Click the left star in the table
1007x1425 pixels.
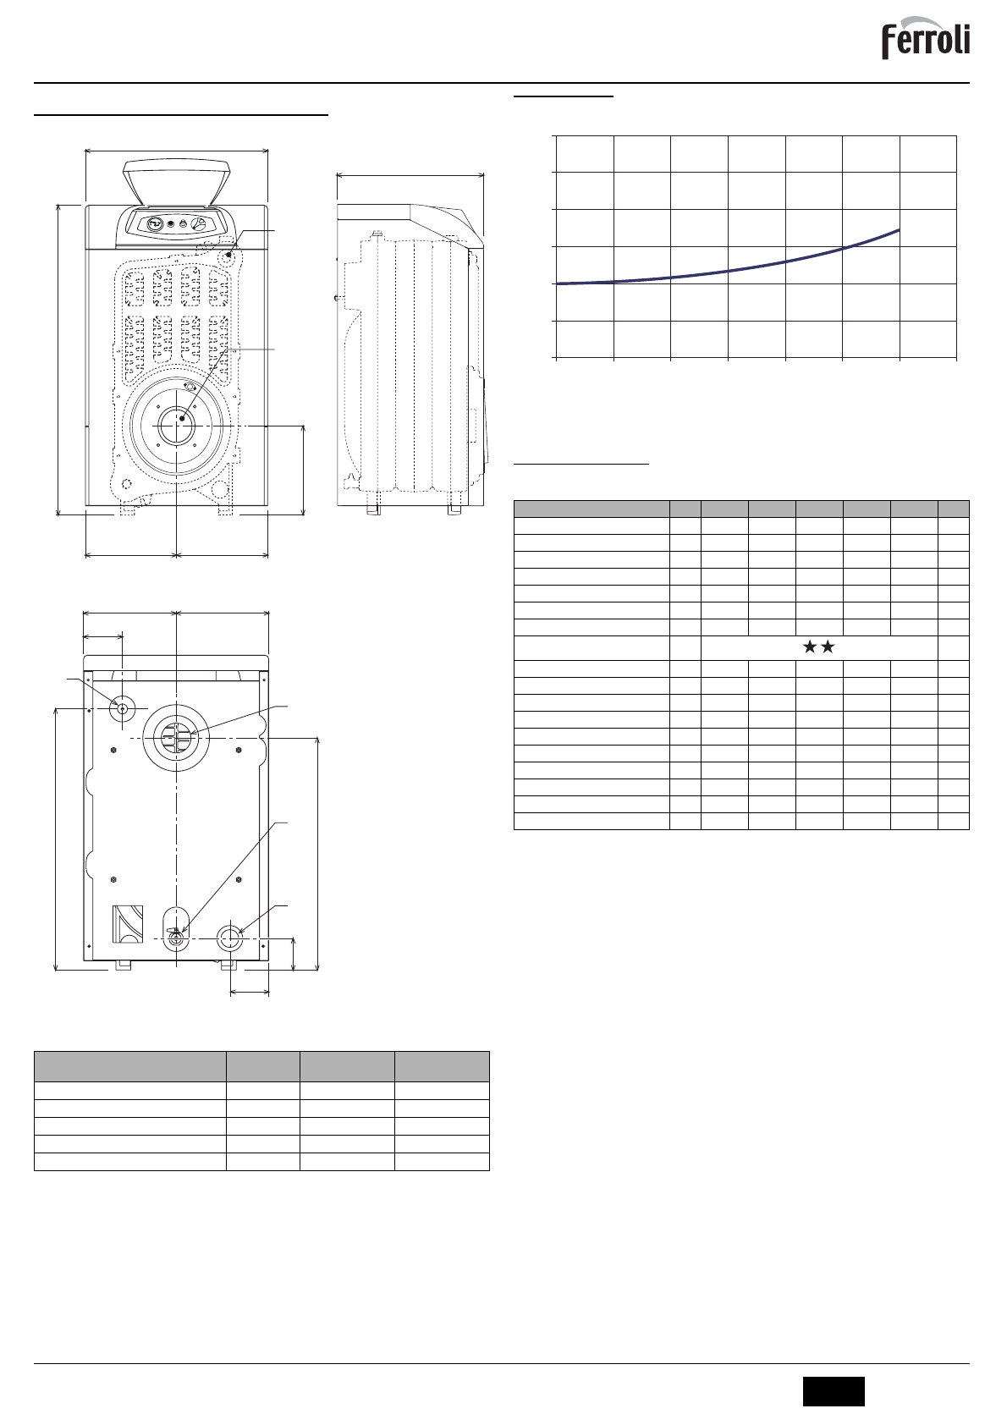pyautogui.click(x=810, y=647)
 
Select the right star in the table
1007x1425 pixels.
pyautogui.click(x=828, y=647)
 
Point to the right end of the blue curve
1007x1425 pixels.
pyautogui.click(x=899, y=229)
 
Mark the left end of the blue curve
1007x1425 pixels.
pyautogui.click(x=558, y=283)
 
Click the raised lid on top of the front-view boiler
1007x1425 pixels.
pyautogui.click(x=176, y=183)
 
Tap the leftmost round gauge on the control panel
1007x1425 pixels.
pyautogui.click(x=153, y=223)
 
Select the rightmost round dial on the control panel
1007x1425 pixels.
pyautogui.click(x=199, y=224)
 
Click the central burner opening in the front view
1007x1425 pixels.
pyautogui.click(x=176, y=426)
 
